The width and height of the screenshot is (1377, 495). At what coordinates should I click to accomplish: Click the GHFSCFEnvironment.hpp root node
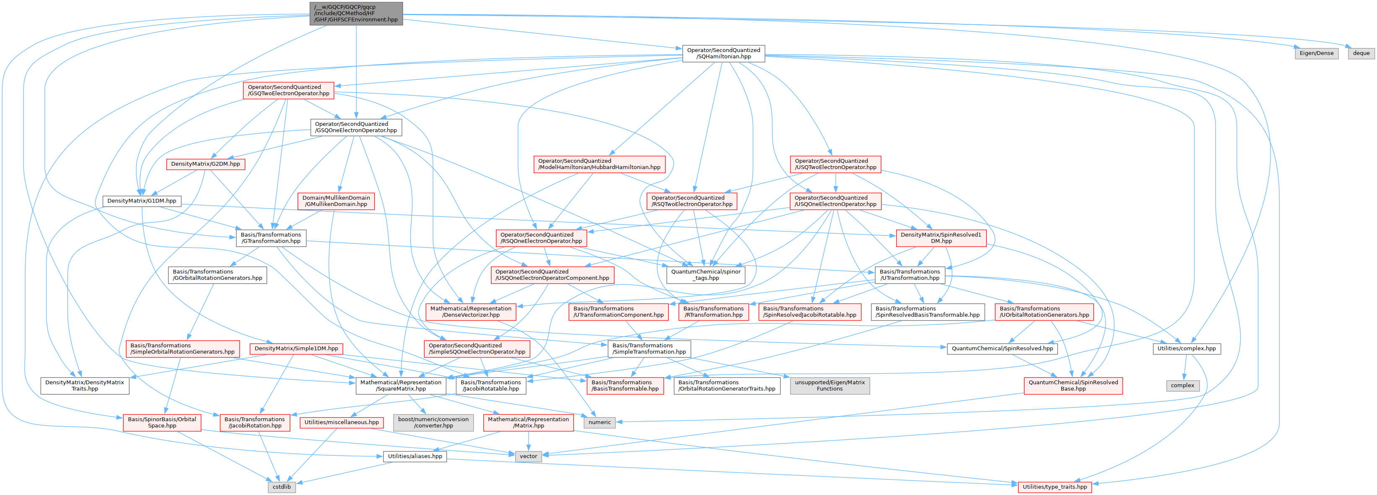coord(356,13)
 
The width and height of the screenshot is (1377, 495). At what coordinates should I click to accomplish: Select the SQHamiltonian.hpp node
coord(723,53)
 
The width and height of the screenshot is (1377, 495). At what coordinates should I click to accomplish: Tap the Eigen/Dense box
coord(1316,53)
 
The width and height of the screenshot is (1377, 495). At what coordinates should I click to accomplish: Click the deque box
coord(1361,53)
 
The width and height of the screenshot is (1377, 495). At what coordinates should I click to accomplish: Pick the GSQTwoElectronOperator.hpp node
coord(288,90)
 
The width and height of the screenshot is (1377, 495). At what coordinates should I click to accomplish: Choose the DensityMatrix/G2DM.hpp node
coord(205,164)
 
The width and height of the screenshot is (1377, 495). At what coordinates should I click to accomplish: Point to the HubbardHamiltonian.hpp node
coord(599,164)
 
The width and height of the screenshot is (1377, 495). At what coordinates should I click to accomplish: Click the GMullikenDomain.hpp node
coord(336,201)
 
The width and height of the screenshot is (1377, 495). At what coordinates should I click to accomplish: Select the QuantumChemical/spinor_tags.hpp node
coord(706,275)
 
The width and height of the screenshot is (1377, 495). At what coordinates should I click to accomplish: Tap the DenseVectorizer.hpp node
coord(470,312)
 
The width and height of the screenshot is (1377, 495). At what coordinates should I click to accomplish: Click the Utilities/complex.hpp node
coord(1186,349)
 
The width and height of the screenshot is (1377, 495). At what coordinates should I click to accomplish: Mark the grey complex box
coord(1182,386)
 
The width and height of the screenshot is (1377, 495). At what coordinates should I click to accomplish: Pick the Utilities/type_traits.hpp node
coord(1054,487)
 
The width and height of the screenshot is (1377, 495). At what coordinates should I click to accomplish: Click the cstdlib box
coord(282,487)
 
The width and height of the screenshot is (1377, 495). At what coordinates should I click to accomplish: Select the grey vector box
coord(528,456)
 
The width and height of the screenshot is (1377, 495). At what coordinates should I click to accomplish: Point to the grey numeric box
coord(599,422)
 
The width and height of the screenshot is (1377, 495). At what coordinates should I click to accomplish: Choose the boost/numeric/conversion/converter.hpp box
coord(433,422)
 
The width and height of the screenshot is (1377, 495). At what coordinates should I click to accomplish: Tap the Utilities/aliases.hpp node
coord(415,456)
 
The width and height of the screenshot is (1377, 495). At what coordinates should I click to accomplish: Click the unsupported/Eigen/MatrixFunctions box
coord(829,386)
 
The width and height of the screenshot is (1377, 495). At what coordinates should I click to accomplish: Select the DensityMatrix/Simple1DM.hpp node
coord(296,349)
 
